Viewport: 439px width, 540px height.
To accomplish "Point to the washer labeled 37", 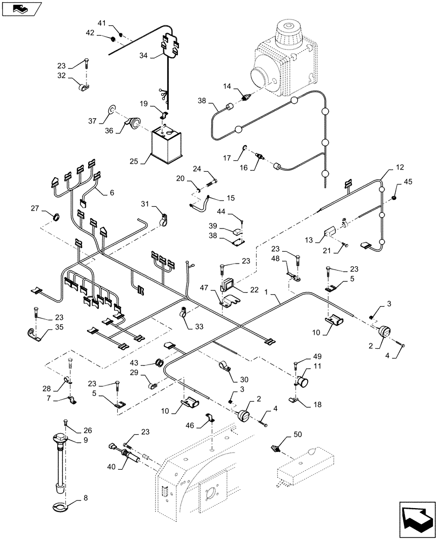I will (111, 110).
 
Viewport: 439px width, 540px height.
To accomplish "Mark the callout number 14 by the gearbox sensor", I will (228, 86).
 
